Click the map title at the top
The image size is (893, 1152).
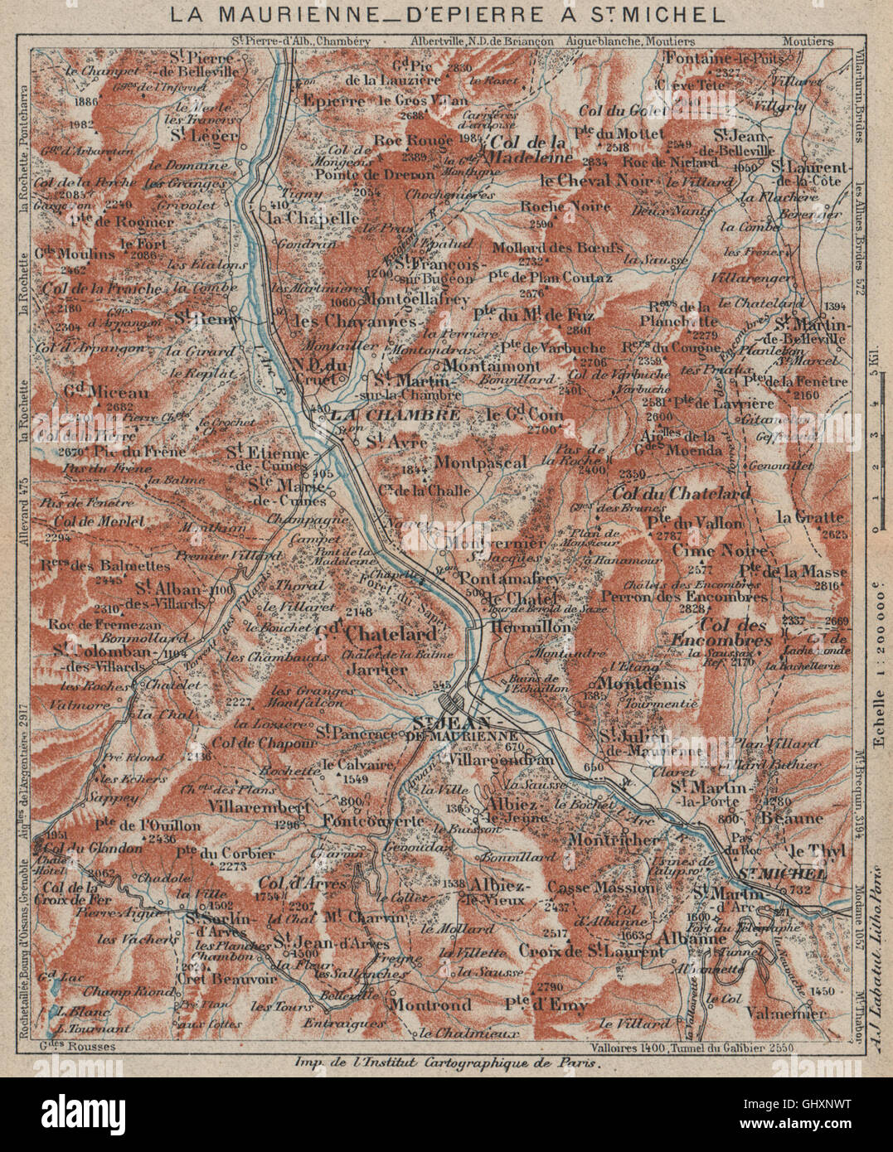(x=446, y=14)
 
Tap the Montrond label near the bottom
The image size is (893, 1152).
(x=430, y=1005)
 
